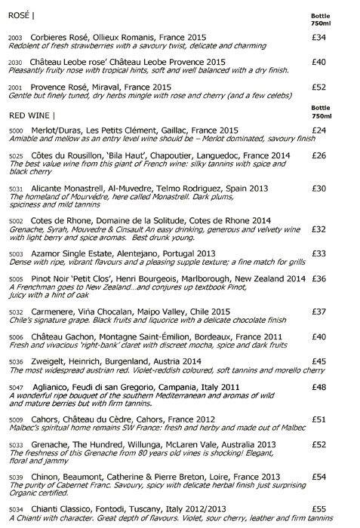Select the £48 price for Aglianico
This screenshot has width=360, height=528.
pos(319,387)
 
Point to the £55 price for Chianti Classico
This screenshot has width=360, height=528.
pos(319,509)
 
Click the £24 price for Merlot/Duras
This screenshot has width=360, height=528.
pos(319,130)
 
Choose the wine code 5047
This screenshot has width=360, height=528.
pos(17,387)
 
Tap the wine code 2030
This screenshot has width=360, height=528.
pos(16,61)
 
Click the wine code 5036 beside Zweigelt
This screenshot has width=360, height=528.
pos(16,361)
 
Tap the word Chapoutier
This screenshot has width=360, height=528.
pos(164,155)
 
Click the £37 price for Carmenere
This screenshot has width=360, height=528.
pos(319,311)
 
